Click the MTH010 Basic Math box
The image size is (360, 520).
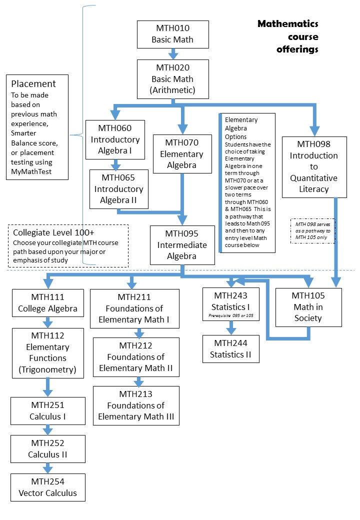coord(173,34)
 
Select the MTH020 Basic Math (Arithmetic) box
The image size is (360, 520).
coord(173,79)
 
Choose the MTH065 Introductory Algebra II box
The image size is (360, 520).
coord(118,188)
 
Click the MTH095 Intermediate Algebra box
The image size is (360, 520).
coord(182,244)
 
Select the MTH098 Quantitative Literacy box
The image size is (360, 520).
coord(313,166)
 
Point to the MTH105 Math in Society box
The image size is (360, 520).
coord(309,307)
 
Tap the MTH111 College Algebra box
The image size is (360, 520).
coord(48,302)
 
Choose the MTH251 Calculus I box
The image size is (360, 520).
coord(48,410)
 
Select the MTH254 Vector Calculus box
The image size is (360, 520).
coord(48,487)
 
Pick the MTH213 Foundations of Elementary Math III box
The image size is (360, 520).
coord(136,405)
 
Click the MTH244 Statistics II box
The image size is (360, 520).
coord(231,349)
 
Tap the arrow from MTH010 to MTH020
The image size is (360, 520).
coord(173,53)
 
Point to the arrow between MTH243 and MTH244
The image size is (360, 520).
coord(231,327)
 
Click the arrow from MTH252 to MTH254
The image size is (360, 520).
coord(48,468)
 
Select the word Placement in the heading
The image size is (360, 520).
coord(33,83)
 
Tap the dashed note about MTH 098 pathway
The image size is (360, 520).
coord(313,230)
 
